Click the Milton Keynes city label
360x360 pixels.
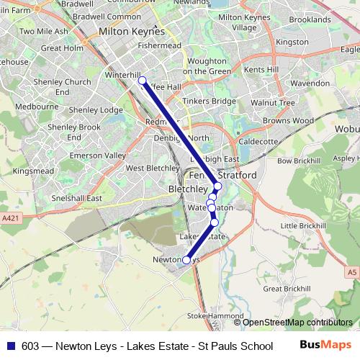132,32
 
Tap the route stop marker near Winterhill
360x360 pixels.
142,81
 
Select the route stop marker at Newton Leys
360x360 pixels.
186,260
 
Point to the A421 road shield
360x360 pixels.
10,217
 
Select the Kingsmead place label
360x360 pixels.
33,171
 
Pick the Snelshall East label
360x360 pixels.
75,198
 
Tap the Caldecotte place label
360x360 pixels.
258,142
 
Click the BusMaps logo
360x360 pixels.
325,345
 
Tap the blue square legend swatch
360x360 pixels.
10,345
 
